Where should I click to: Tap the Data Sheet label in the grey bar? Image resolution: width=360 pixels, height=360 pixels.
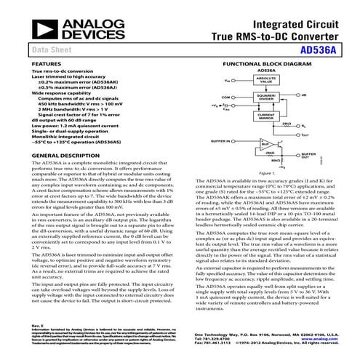tap(49, 50)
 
